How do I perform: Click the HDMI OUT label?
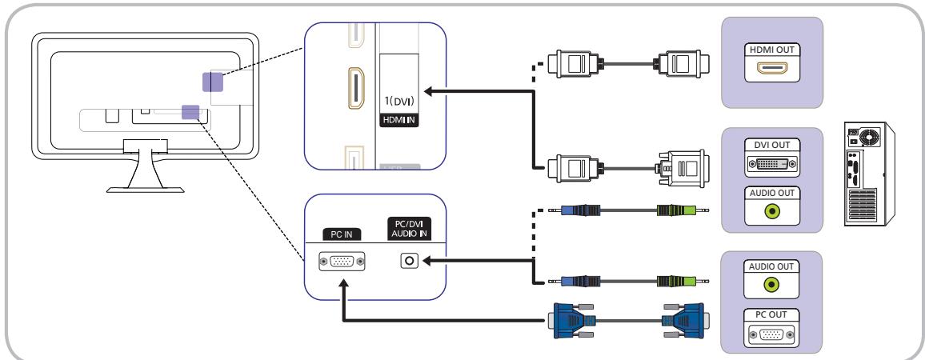click(x=772, y=50)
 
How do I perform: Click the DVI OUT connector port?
click(x=772, y=164)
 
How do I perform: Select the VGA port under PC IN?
click(x=342, y=261)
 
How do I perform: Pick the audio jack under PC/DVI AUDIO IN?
click(x=409, y=261)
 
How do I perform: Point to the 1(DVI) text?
click(x=399, y=102)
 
